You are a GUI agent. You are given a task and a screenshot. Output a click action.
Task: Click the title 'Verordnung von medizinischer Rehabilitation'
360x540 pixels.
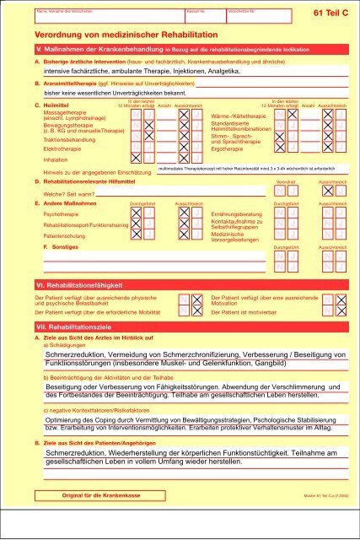(x=110, y=39)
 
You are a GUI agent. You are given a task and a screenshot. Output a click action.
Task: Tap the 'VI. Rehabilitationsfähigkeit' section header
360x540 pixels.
(x=76, y=284)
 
